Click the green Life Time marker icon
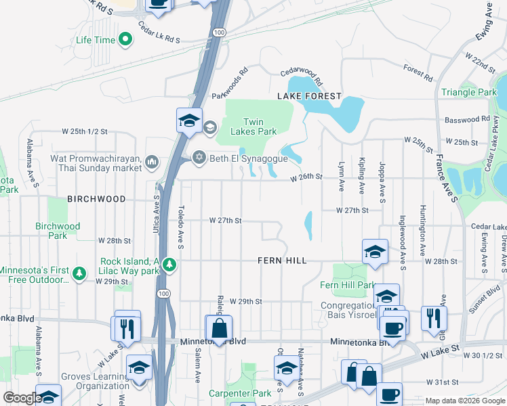125,41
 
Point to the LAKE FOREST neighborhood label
309,97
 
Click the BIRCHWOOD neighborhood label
96,199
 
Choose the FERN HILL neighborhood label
282,261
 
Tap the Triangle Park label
469,92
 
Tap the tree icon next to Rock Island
171,265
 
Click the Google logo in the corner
22,398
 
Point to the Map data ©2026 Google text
464,401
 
